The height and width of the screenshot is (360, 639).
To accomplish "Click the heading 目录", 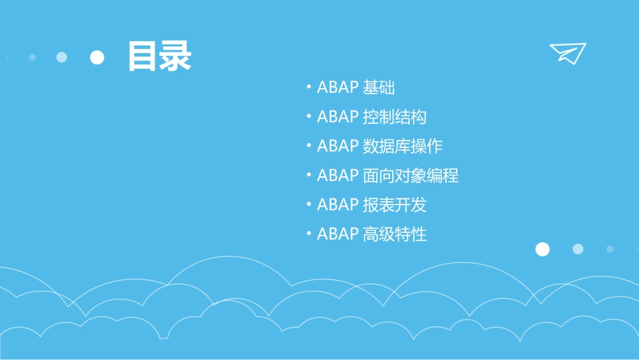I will point(159,57).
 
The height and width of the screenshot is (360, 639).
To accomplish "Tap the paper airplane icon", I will point(567,52).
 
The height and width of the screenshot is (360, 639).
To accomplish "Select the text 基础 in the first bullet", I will point(379,87).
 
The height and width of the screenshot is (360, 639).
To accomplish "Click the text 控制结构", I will point(394,117).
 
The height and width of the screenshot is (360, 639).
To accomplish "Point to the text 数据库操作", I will point(402,146).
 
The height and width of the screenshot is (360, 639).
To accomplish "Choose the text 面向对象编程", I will point(410,176).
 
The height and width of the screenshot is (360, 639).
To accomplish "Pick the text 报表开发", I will point(394,205).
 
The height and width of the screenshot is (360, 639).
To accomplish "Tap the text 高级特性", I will point(394,234).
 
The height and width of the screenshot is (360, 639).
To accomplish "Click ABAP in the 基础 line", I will point(338,87).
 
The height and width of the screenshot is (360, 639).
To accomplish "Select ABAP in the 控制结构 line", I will point(338,117).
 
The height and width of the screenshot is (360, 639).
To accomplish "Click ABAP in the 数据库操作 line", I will point(338,146).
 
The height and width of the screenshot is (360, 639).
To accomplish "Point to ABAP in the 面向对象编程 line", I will point(338,176).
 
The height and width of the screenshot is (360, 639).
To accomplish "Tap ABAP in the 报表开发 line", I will point(338,205).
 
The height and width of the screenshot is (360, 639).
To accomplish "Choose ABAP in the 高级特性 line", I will point(338,234).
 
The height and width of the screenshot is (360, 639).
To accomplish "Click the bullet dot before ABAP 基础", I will point(308,87).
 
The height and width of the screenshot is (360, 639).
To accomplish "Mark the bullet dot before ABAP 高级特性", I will point(308,234).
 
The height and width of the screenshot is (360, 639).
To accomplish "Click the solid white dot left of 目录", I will point(98,57).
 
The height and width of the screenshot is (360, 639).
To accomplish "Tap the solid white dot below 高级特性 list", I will point(542,250).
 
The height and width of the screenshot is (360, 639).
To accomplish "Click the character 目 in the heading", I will point(143,57).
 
